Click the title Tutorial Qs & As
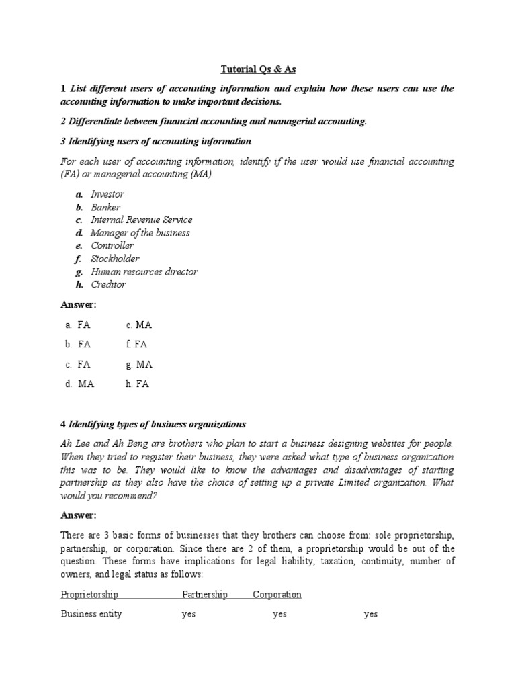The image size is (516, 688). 258,69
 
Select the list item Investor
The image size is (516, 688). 107,194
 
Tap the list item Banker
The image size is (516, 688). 106,207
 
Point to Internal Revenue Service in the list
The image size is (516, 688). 141,220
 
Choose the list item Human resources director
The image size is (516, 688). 144,271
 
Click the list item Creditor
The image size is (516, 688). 108,284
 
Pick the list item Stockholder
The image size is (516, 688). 115,259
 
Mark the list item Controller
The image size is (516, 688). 112,246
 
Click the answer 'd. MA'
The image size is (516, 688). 79,384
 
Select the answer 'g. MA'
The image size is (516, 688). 138,364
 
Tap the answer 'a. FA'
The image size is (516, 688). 78,325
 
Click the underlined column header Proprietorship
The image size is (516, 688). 89,595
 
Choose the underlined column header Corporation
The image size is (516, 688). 277,595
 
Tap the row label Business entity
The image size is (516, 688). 91,614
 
